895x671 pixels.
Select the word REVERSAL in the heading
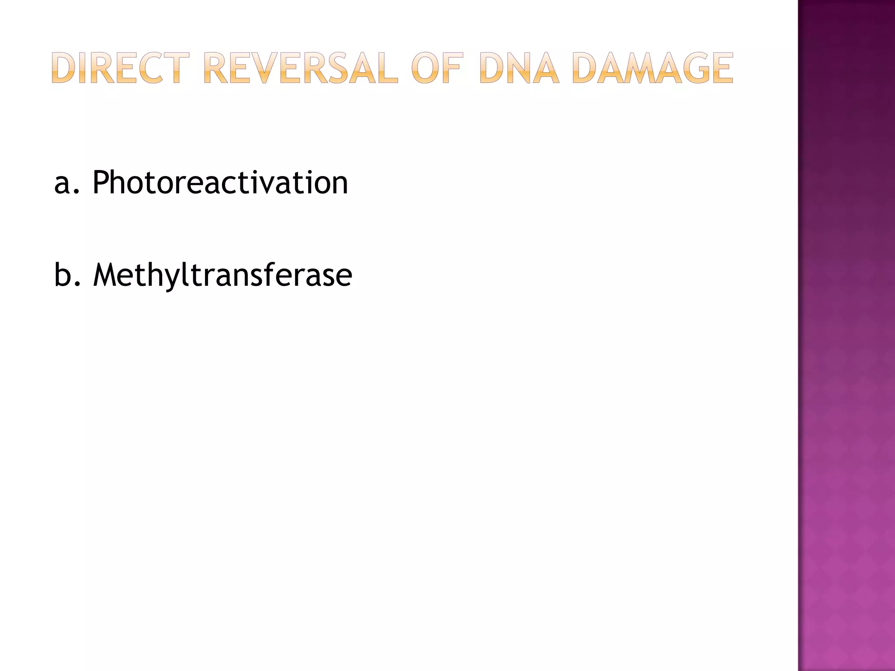[301, 68]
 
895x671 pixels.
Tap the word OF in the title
[437, 68]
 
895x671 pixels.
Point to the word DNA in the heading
[519, 68]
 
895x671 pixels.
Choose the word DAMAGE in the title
[652, 68]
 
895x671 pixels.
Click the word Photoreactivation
[220, 183]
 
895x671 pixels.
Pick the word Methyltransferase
[222, 275]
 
